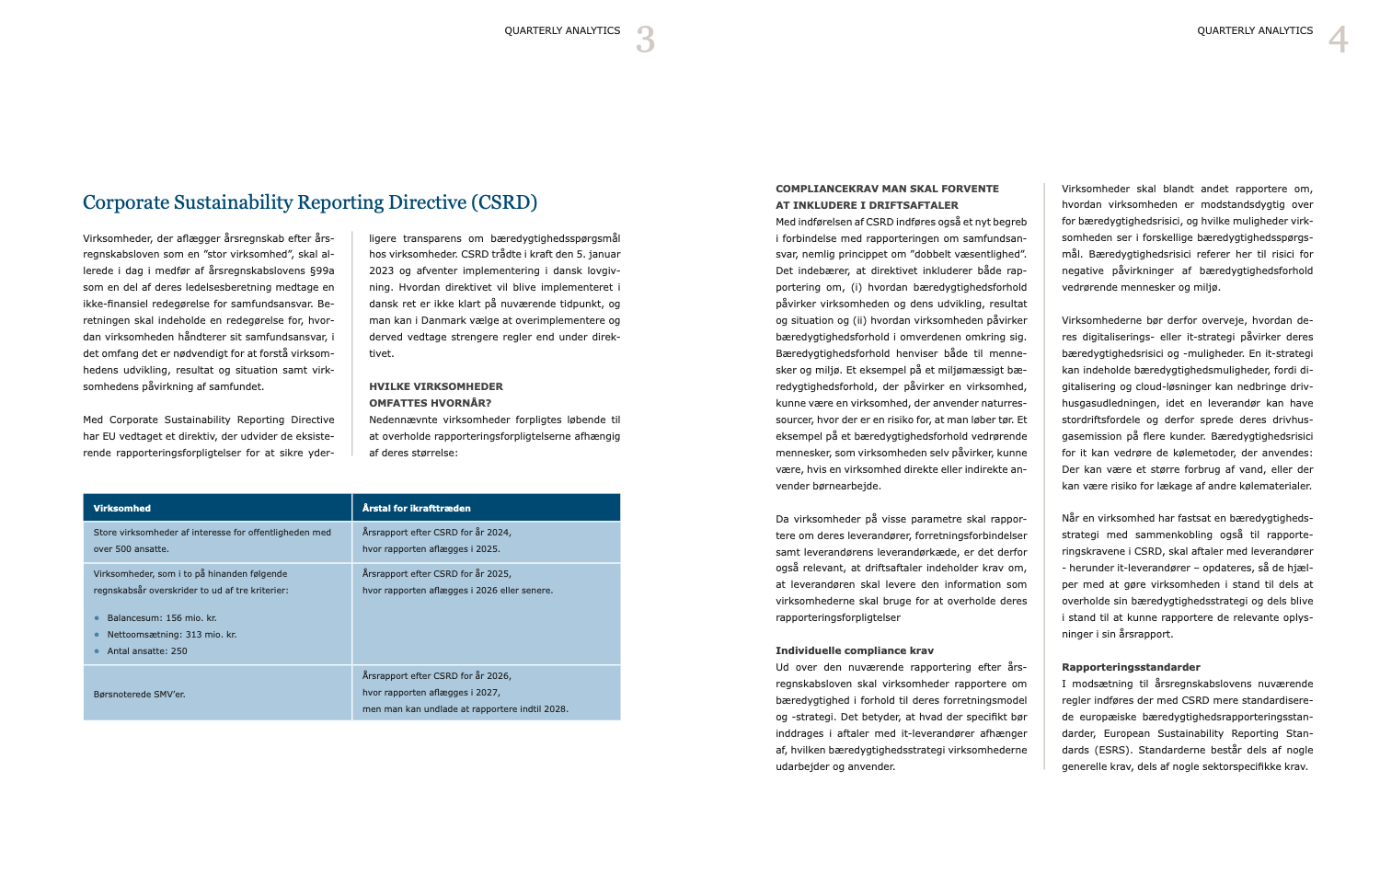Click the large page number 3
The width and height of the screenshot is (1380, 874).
(645, 40)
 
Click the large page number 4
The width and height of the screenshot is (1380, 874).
(1338, 40)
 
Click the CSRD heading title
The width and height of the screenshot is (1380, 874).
(310, 202)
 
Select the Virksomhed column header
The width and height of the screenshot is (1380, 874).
(122, 508)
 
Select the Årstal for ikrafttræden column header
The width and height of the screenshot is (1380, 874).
(416, 508)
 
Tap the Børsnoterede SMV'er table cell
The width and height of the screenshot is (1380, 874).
(139, 694)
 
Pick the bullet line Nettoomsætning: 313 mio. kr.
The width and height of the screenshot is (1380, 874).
(171, 635)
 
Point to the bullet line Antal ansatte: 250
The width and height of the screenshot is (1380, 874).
(147, 651)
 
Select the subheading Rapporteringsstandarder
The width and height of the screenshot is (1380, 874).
(1118, 667)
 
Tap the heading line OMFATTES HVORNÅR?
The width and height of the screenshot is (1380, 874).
(430, 403)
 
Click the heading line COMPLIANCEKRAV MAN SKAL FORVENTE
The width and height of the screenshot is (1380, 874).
(887, 189)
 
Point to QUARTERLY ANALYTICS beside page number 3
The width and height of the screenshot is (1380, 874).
(562, 30)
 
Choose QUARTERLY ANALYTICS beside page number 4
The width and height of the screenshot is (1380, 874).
(1255, 30)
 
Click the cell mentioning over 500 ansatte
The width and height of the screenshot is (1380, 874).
(212, 540)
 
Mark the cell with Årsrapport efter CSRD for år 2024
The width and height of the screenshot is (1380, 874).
(437, 540)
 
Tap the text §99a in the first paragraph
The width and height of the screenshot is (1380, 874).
(321, 270)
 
